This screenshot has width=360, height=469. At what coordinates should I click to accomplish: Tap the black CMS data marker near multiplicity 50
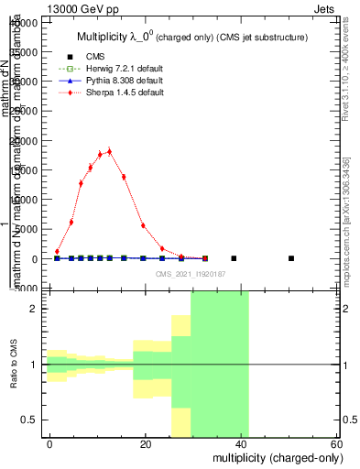(x=291, y=258)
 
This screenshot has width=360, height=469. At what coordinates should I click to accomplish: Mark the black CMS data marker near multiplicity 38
(x=234, y=258)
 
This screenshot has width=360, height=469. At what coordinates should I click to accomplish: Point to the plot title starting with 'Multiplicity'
(x=190, y=36)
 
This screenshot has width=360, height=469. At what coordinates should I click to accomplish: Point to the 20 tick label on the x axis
(x=146, y=444)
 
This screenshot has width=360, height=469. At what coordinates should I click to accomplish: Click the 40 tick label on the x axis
(x=242, y=444)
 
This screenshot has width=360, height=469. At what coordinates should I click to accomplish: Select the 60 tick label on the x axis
(x=337, y=444)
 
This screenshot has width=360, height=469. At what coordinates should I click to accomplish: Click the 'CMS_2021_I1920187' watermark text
(x=190, y=273)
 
